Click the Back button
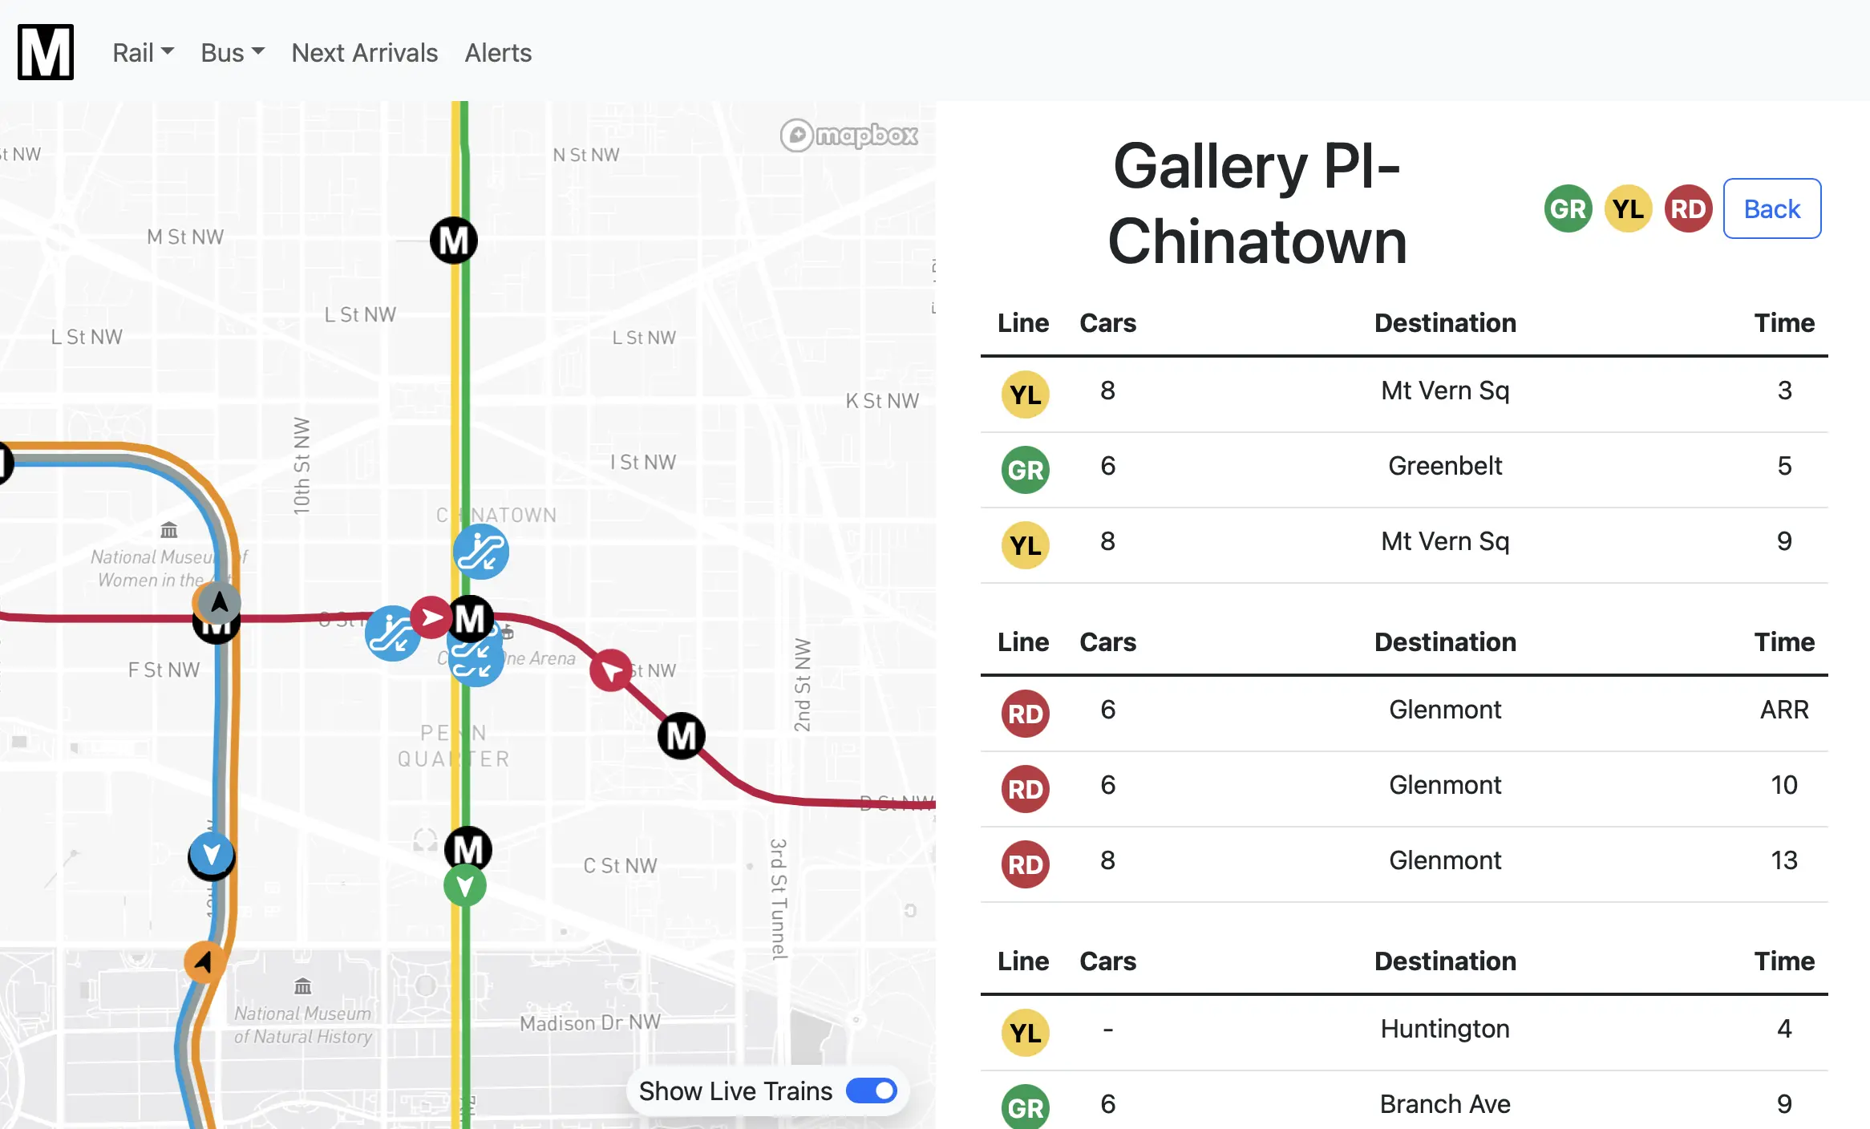click(x=1771, y=208)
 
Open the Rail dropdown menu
click(x=143, y=53)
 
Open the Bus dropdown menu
click(x=232, y=53)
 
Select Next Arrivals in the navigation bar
click(x=364, y=53)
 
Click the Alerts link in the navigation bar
click(x=498, y=53)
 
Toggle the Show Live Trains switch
click(x=872, y=1091)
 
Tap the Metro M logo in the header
click(x=46, y=52)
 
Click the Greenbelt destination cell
click(x=1444, y=466)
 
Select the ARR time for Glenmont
click(x=1783, y=710)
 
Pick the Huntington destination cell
click(x=1444, y=1029)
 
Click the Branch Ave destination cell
click(x=1444, y=1104)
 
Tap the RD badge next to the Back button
click(x=1688, y=209)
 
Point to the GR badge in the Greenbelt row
click(x=1025, y=470)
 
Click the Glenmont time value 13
click(x=1783, y=860)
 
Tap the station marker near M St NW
click(x=454, y=241)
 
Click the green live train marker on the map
click(x=465, y=886)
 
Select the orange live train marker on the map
click(x=204, y=961)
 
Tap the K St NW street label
click(x=882, y=401)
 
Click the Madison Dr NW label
click(x=589, y=1022)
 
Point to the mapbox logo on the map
click(x=849, y=136)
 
